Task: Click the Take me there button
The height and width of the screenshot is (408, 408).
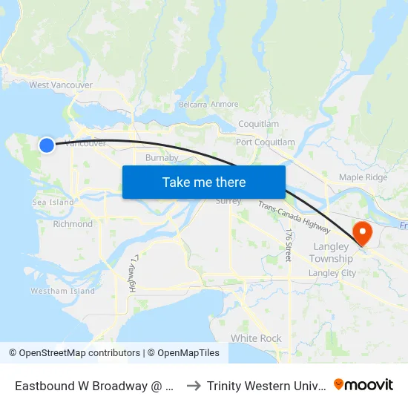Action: pos(204,182)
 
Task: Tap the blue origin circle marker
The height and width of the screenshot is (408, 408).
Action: pos(47,145)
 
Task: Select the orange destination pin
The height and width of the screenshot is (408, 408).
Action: pos(363,233)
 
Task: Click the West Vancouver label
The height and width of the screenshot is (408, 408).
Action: pos(61,85)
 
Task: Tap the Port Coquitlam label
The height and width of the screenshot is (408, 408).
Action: pos(266,142)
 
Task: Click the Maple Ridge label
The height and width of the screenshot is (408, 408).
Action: pos(363,177)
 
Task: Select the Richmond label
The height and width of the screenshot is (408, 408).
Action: pos(73,224)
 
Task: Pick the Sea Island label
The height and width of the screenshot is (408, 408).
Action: pos(53,203)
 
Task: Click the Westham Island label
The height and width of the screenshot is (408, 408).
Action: pos(62,291)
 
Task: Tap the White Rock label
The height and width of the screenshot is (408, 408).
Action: pos(256,338)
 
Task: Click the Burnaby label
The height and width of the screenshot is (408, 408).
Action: pos(162,157)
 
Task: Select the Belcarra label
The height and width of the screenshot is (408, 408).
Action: pos(192,105)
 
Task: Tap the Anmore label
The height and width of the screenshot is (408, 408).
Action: pos(225,105)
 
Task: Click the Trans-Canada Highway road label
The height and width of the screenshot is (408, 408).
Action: pos(295,216)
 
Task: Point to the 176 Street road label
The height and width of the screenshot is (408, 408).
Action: pos(289,244)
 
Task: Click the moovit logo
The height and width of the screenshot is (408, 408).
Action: pos(363,385)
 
